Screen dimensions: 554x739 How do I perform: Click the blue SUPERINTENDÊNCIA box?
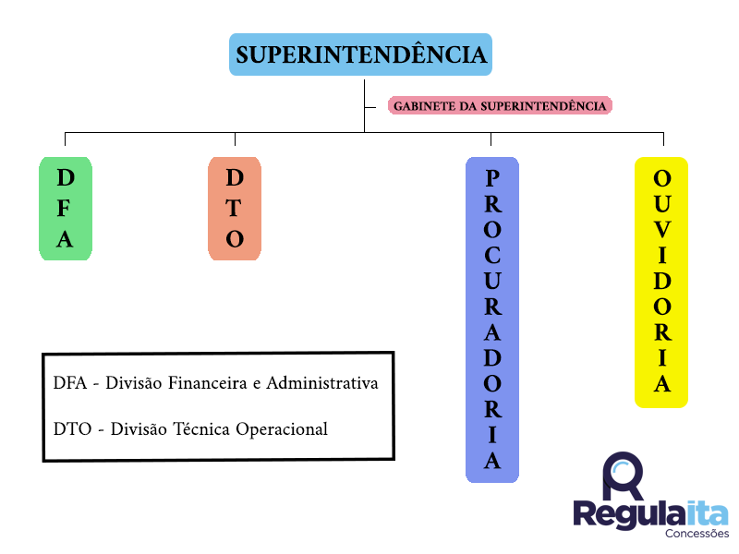pos(360,54)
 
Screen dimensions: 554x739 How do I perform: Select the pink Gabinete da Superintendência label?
pos(500,105)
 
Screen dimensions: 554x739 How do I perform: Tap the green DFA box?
pos(65,209)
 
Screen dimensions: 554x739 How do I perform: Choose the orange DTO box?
pos(235,209)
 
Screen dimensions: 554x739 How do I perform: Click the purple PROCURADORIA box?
pos(491,319)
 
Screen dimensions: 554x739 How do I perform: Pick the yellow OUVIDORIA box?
pos(661,283)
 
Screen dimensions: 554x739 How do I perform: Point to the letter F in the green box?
pos(65,209)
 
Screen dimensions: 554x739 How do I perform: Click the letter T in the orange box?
pos(235,209)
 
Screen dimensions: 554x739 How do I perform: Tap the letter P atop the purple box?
pos(492,177)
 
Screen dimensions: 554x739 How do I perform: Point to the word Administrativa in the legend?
pos(322,383)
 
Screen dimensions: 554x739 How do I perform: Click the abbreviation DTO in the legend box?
pos(70,429)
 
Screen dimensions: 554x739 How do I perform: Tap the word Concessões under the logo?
pos(697,533)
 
